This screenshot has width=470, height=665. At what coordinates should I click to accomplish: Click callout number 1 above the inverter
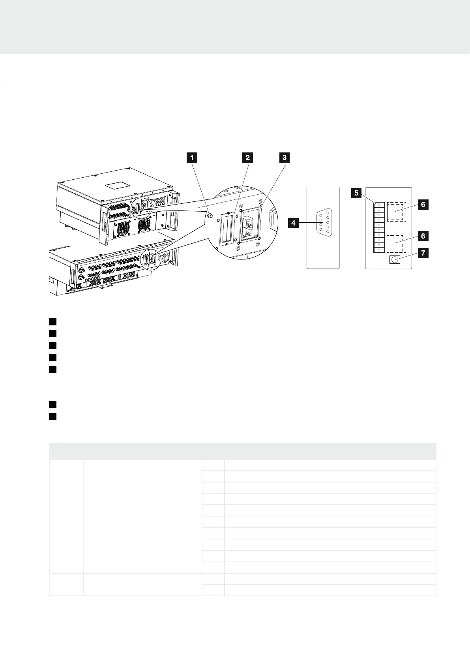pos(192,158)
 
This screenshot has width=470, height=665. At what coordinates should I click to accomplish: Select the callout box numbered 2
pos(247,158)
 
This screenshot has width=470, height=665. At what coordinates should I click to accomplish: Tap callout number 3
pos(284,158)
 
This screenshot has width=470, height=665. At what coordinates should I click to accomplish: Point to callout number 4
pos(293,223)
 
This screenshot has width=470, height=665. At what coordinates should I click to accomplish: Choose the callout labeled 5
pos(357,193)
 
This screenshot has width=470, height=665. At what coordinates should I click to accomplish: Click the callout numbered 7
pos(423,253)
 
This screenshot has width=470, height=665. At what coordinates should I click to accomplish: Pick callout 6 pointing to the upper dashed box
pos(423,205)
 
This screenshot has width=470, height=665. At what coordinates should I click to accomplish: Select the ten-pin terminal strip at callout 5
pos(379,227)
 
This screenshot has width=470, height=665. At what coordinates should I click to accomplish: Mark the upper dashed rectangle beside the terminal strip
pos(396,211)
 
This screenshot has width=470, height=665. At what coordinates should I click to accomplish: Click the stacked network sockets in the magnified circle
pos(250,228)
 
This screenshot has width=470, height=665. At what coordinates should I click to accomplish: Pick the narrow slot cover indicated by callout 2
pos(227,229)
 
